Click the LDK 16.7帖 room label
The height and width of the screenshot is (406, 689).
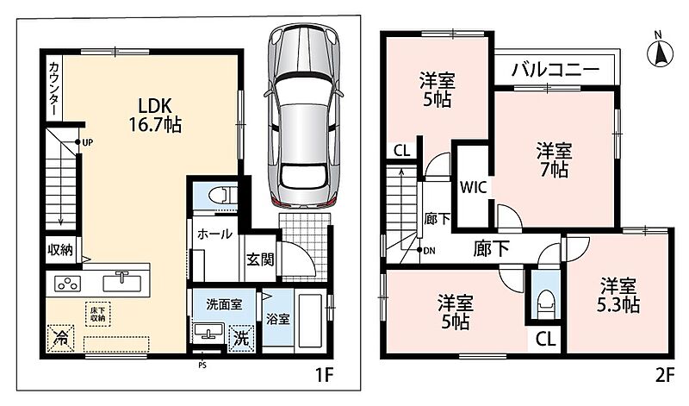155,115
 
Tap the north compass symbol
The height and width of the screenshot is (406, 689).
660,53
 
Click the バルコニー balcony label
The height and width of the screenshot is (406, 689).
556,70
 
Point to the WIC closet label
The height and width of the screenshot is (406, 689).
473,187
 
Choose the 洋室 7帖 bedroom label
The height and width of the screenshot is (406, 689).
554,159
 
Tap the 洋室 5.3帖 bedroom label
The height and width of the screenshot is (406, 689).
618,295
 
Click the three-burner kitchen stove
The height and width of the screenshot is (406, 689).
67,284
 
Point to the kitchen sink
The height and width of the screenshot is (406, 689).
122,282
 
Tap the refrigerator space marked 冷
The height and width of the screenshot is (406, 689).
60,339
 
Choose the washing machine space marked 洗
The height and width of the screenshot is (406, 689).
241,338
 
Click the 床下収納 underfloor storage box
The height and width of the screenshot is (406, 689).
97,314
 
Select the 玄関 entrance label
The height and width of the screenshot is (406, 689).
260,259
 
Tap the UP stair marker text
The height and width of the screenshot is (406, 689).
88,142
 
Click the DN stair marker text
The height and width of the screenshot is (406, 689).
429,251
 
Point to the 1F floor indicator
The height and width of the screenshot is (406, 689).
325,375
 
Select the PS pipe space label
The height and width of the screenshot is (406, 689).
202,365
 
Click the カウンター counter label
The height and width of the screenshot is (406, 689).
53,90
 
